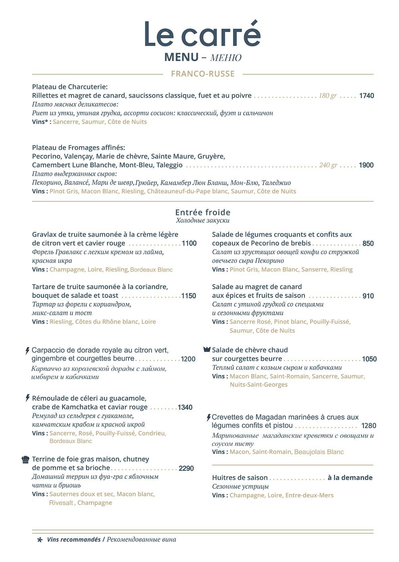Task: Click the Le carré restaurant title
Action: (202, 34)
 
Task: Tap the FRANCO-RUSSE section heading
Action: (203, 74)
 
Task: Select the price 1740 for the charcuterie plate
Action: (366, 96)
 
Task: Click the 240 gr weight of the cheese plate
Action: (328, 165)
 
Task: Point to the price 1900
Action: (366, 165)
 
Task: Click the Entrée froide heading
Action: (203, 212)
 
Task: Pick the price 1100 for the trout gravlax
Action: (189, 243)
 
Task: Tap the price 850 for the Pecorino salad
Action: (368, 244)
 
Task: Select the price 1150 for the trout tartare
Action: (189, 296)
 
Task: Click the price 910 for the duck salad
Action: (368, 296)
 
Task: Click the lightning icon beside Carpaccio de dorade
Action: (28, 351)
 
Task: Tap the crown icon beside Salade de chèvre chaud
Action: (207, 349)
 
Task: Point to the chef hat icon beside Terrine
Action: (26, 459)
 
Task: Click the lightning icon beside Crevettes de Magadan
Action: (209, 418)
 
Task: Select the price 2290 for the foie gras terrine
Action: (186, 468)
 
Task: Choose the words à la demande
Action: (350, 478)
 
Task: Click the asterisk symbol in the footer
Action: (40, 540)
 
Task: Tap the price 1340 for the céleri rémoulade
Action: (185, 408)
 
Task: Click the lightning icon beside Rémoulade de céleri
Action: (28, 398)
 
